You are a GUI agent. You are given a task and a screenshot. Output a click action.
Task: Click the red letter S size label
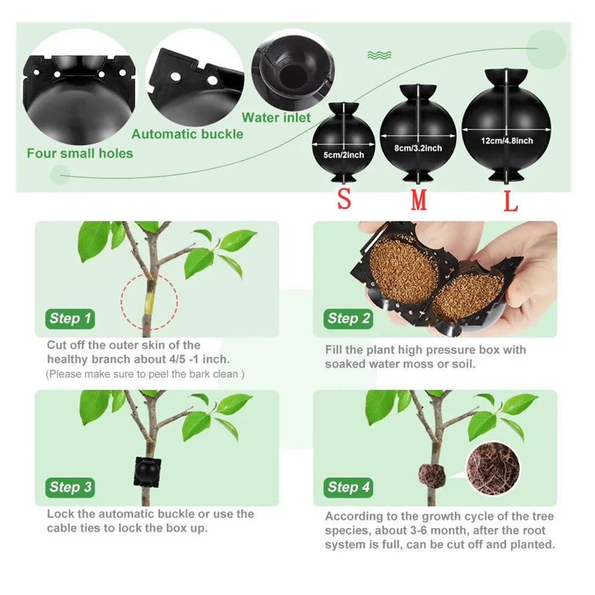[344, 199]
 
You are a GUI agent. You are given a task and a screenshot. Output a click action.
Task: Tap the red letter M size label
[419, 201]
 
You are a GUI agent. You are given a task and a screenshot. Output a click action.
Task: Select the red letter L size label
[511, 201]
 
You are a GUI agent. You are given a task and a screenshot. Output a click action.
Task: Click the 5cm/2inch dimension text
[344, 155]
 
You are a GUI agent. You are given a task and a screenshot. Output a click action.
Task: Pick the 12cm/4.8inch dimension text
[506, 141]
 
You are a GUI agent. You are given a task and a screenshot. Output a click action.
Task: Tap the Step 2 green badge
[348, 318]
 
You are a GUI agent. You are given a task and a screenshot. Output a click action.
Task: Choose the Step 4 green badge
[348, 487]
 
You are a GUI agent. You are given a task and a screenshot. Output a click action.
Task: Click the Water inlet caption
[276, 118]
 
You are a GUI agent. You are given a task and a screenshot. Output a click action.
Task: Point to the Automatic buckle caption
[187, 134]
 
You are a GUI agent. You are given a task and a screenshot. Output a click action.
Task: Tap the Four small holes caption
[80, 154]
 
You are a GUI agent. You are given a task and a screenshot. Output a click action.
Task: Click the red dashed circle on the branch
[149, 302]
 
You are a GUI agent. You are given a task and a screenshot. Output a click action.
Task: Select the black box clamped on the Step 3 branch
[146, 472]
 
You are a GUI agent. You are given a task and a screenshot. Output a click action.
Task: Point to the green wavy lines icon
[379, 55]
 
